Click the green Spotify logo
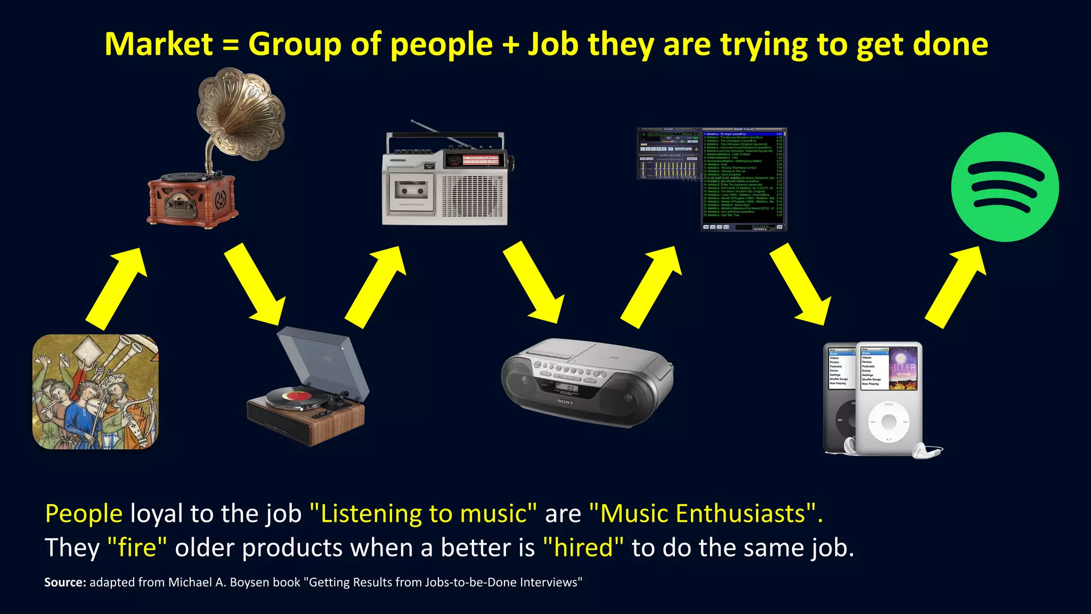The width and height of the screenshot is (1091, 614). tap(1005, 187)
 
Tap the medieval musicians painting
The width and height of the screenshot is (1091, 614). tap(95, 392)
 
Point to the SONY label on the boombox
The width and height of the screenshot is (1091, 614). tap(566, 402)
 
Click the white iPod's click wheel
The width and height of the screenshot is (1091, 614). tap(889, 422)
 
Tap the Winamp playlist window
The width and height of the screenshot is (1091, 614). tap(743, 179)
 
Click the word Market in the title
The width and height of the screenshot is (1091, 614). tap(159, 44)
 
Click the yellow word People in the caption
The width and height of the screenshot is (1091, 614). tap(84, 514)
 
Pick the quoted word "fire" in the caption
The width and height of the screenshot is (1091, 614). tap(137, 548)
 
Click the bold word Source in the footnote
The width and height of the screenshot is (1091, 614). tap(64, 582)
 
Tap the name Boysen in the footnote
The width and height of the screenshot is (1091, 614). tap(246, 582)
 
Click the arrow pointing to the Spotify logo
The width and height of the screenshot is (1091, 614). tap(954, 288)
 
